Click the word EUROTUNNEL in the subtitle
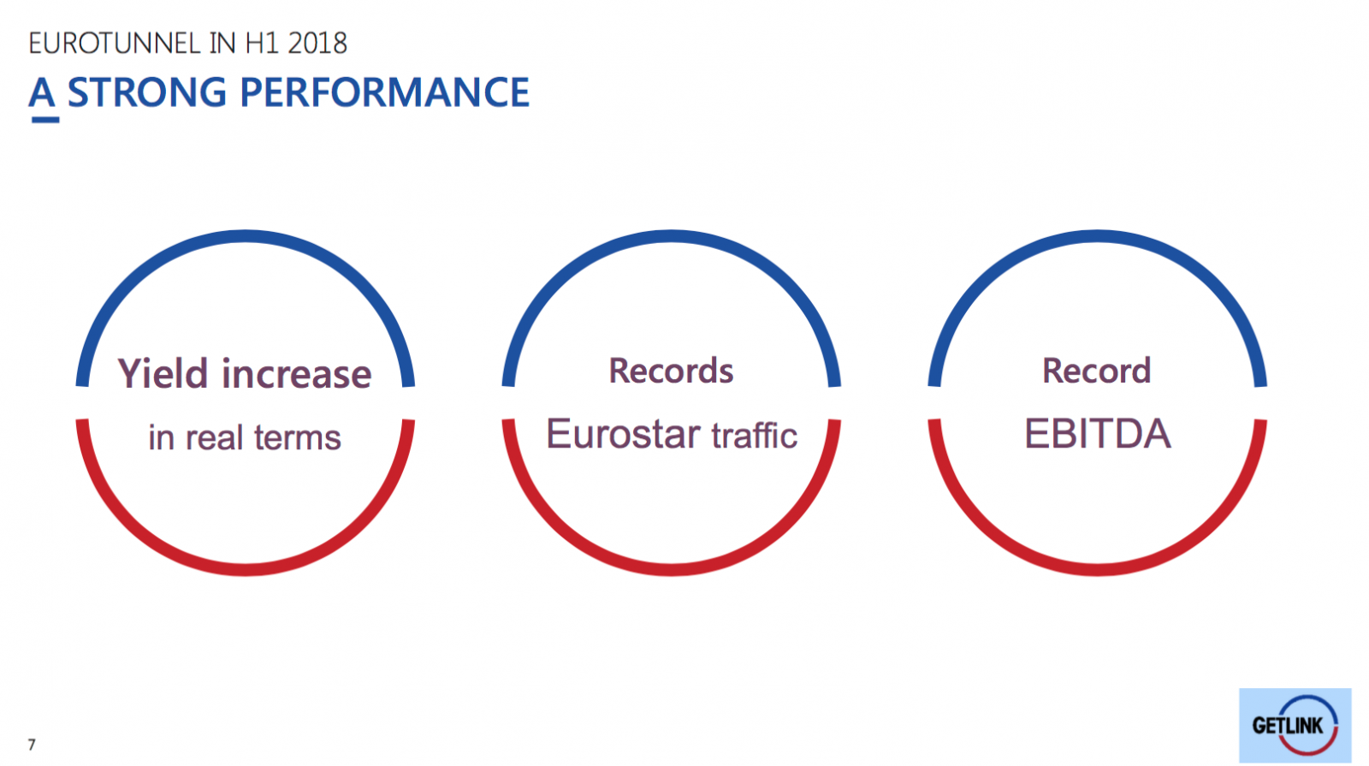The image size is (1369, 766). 115,44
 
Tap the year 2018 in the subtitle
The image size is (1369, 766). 317,44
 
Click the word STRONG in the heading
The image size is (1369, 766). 146,92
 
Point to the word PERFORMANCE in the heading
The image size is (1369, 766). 385,92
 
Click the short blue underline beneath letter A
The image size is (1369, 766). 45,120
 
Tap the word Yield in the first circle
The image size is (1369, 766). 163,373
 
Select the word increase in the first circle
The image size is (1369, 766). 296,374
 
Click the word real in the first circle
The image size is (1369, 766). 214,437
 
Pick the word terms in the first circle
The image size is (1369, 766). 298,438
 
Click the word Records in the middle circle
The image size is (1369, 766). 671,371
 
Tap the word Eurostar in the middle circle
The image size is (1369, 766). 624,434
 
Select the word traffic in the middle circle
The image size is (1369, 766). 755,436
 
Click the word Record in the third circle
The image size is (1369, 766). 1096,371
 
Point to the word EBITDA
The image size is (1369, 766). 1098,434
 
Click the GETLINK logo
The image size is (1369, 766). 1295,725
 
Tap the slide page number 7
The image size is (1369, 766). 32,745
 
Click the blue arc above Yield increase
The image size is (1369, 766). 245,237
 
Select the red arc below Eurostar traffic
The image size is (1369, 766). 671,568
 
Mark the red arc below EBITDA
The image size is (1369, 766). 1097,568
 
